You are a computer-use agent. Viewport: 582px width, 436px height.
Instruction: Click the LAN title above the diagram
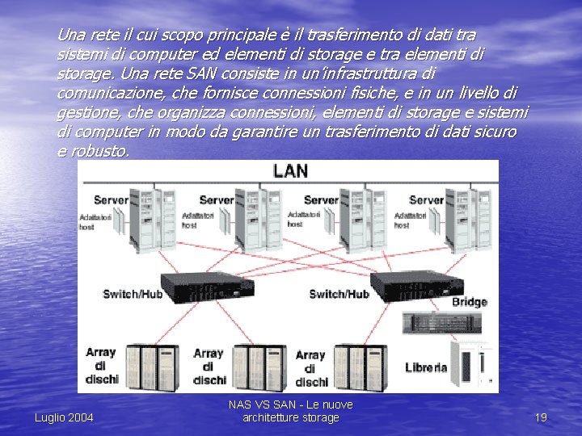[x=290, y=170]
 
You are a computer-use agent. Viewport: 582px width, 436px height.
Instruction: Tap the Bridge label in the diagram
[x=469, y=302]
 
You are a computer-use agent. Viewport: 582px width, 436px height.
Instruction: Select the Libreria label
[x=426, y=367]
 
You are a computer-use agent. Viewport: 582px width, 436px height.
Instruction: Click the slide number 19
[x=541, y=417]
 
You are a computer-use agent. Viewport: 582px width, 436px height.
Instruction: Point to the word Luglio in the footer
[x=50, y=417]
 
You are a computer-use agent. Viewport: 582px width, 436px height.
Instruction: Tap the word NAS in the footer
[x=240, y=405]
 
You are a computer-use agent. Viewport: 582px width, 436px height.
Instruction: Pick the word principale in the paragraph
[x=243, y=36]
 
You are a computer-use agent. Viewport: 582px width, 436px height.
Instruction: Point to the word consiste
[x=242, y=73]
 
